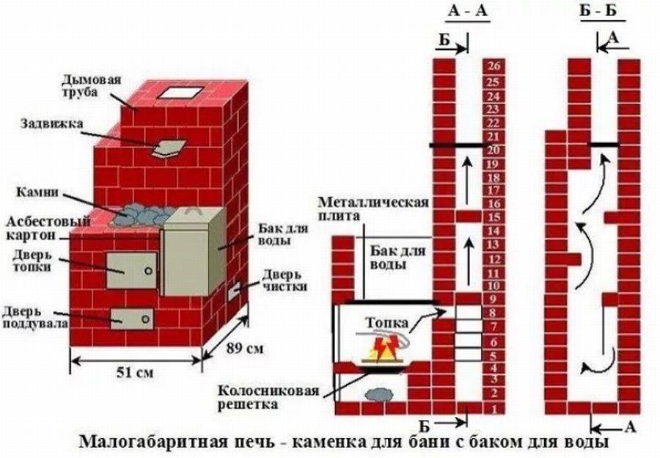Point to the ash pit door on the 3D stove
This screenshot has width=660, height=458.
132,317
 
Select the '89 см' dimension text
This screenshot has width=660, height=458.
243,346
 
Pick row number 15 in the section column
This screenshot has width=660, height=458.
492,217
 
